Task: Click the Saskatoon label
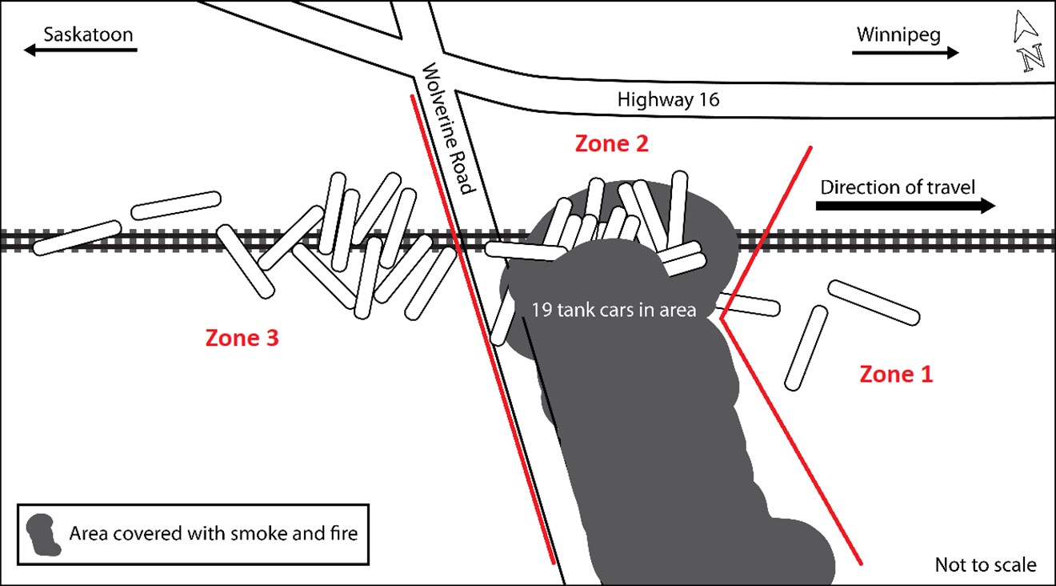(x=88, y=34)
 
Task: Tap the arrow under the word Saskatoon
(x=80, y=50)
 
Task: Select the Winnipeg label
(x=898, y=35)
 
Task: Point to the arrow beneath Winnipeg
(x=905, y=53)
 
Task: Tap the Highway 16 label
(x=669, y=99)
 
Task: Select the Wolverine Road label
(x=447, y=129)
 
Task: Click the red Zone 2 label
(x=611, y=143)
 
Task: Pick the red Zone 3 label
(x=242, y=338)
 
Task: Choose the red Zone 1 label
(x=896, y=374)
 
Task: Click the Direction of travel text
(x=898, y=187)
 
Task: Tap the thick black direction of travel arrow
(x=906, y=206)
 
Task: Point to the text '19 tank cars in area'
(x=614, y=310)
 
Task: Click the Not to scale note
(x=986, y=564)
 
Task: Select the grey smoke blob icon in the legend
(x=43, y=535)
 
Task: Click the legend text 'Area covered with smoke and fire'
(x=214, y=534)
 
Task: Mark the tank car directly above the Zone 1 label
(x=806, y=348)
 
